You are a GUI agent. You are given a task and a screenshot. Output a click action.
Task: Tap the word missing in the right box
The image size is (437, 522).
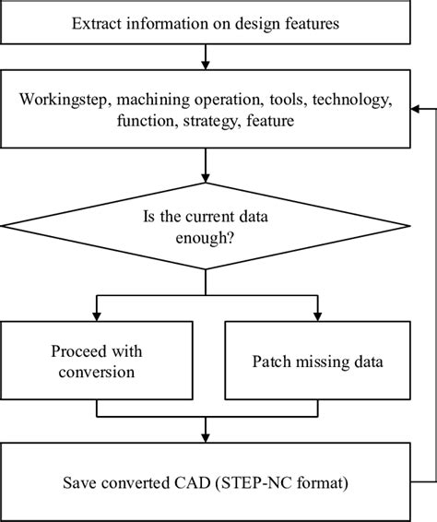322,362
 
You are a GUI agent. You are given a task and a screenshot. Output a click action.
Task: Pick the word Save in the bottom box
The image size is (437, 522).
81,481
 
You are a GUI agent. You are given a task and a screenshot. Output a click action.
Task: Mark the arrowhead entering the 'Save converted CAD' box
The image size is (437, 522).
205,437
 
